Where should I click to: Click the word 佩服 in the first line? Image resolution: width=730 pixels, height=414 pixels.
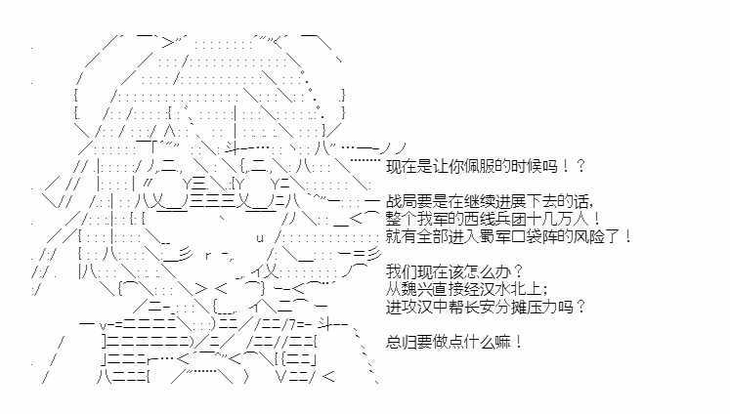click(480, 166)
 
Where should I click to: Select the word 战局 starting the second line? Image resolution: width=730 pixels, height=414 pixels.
click(402, 201)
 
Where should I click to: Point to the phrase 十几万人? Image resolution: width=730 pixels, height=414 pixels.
click(557, 219)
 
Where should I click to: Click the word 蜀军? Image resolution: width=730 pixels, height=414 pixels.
click(494, 236)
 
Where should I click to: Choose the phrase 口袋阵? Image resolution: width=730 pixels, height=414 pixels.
click(534, 236)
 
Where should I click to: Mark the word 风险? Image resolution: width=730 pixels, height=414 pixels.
click(588, 236)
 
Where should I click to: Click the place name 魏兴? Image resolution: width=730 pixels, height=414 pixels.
click(417, 289)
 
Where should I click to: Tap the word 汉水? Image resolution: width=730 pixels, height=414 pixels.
click(494, 289)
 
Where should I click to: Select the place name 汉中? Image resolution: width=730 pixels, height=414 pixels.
click(433, 307)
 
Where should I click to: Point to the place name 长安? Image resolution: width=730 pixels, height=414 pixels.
click(480, 307)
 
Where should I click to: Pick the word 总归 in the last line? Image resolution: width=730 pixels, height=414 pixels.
click(402, 343)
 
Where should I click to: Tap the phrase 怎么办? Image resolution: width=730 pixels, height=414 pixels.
click(488, 271)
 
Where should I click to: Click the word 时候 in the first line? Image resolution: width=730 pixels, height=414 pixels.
click(526, 166)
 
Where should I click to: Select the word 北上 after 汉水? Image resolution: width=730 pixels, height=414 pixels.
click(526, 289)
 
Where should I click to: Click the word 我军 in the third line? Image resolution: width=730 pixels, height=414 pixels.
click(433, 219)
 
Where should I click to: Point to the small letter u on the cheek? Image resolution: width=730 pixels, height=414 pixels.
click(260, 238)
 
